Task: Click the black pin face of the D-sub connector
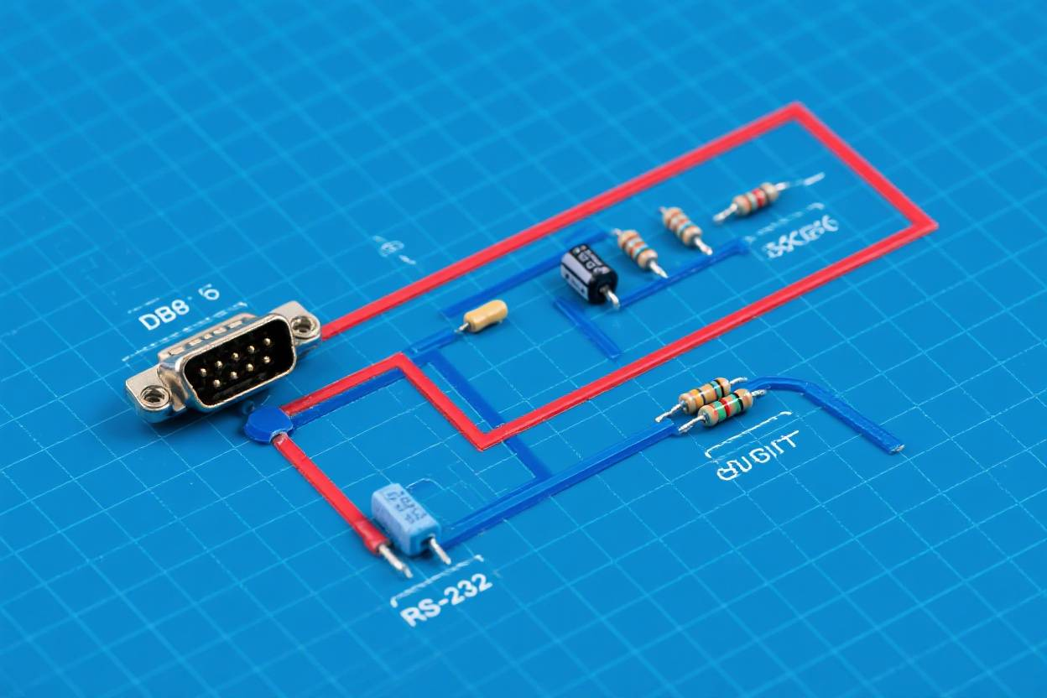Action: coord(237,363)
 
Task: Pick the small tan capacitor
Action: coord(486,315)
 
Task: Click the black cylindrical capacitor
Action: coord(588,272)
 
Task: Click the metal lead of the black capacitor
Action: coord(613,297)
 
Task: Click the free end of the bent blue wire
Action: coord(895,445)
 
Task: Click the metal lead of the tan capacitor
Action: coord(462,328)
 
